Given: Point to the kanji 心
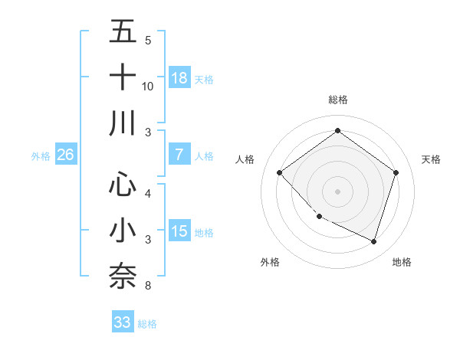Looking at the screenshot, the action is [123, 185].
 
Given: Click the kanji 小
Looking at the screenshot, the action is [123, 231].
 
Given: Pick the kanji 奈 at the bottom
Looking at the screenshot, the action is [123, 277].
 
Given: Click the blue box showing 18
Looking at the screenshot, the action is [179, 77].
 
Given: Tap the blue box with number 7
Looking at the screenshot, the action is [179, 154].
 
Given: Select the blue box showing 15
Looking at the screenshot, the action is [179, 231].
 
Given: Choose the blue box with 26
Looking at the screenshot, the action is [65, 155].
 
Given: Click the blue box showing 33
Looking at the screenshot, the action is [122, 322].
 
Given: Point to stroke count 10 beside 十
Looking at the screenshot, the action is [148, 87].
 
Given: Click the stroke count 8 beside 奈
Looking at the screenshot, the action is [148, 286].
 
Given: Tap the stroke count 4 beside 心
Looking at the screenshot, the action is [148, 194].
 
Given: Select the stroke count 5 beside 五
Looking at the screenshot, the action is [148, 41].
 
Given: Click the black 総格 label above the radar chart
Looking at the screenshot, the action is [337, 100].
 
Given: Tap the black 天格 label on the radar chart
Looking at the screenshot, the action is [432, 159].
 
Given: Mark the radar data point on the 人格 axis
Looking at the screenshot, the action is [280, 172].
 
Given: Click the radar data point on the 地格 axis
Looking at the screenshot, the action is [373, 241].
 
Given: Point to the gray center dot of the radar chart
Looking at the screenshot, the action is [337, 191].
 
